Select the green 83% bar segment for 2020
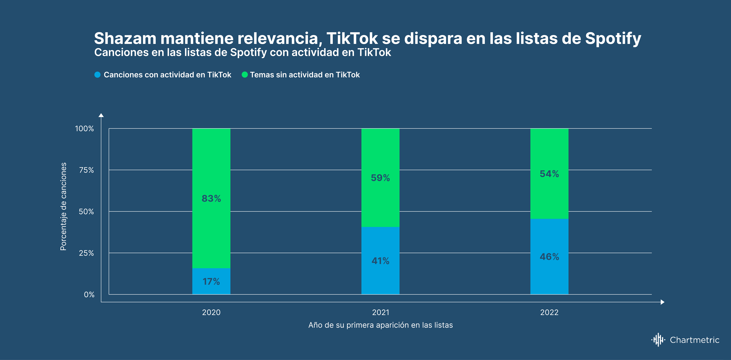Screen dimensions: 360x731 tap(211, 198)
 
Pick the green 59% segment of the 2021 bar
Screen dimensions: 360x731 tap(380, 178)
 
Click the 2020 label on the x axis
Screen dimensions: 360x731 tap(211, 312)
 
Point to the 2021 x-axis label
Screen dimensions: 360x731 tap(381, 312)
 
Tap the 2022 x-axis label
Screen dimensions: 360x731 tap(549, 312)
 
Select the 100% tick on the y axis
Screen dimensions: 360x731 tap(84, 129)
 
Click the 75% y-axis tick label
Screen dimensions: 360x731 tap(86, 170)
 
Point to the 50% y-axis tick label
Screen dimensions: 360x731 tap(86, 212)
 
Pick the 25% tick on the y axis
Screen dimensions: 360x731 tap(86, 253)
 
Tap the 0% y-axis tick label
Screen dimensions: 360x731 tap(89, 294)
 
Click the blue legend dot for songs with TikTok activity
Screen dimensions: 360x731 tap(97, 75)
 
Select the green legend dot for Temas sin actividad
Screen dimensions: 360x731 tap(244, 75)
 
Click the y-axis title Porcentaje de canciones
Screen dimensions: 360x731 tap(63, 206)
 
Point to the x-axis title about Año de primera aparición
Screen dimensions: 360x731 tap(381, 325)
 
